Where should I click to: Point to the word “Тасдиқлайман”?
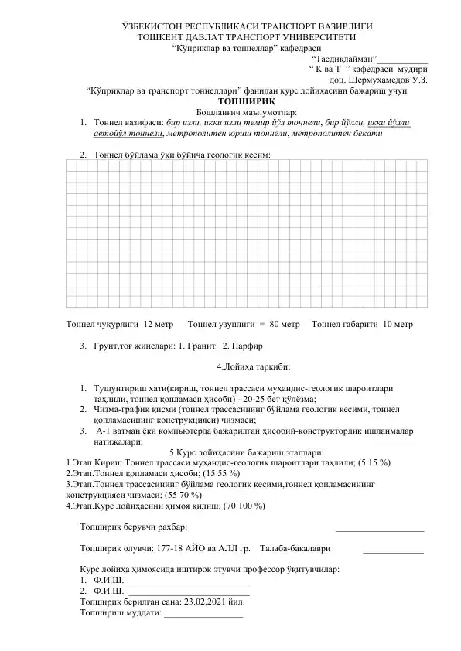[343, 58]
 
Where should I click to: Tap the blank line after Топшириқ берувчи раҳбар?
[380, 530]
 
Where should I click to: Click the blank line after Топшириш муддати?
[203, 615]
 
